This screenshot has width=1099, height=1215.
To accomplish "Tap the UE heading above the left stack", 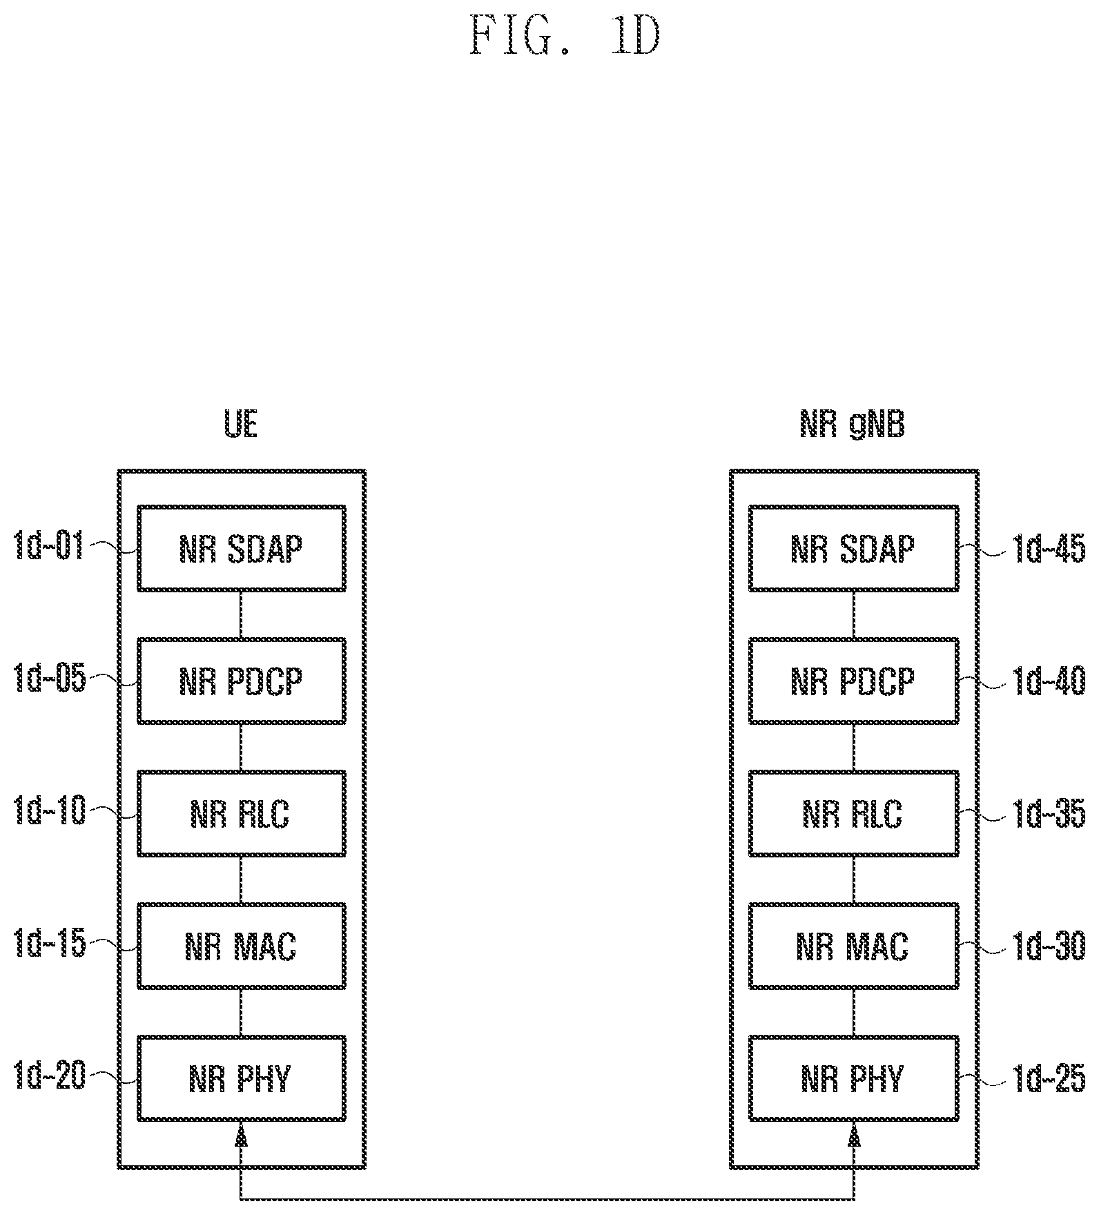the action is (x=242, y=424).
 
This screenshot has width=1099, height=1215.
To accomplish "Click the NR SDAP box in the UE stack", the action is (x=242, y=549).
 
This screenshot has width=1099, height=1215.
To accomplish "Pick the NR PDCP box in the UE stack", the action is (x=242, y=681).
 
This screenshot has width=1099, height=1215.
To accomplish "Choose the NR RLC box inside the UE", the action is (x=242, y=814).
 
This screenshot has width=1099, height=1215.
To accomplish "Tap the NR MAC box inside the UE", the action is (x=242, y=946).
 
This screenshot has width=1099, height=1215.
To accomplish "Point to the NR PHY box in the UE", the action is (x=242, y=1078).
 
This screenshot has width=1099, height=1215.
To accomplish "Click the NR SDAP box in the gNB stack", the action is (x=854, y=549).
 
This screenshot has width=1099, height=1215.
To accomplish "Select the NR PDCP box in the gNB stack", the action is (x=854, y=681).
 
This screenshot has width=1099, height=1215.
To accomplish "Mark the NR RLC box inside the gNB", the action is (x=854, y=814).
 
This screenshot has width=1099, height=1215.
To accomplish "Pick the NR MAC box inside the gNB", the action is (x=854, y=946).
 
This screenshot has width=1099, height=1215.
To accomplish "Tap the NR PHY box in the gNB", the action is (x=854, y=1078).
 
